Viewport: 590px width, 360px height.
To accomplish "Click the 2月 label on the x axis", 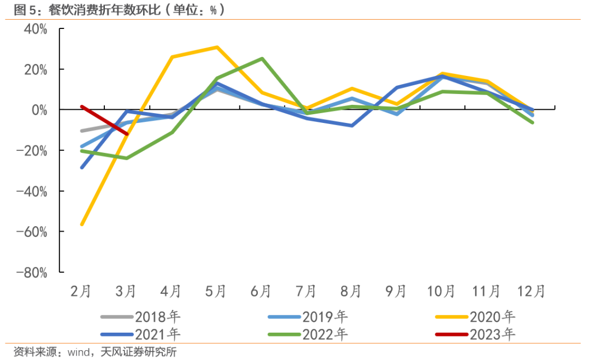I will click(x=81, y=292).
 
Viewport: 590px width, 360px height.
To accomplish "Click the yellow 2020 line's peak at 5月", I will click(x=217, y=47).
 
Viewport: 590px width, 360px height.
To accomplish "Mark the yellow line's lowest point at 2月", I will click(x=82, y=225).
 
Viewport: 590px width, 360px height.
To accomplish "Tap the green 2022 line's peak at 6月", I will click(x=262, y=58).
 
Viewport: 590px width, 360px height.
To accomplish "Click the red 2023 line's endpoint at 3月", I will click(x=127, y=134).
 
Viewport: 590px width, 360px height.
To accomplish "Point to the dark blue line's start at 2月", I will click(x=82, y=168).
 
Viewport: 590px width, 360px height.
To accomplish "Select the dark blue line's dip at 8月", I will click(x=352, y=126).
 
